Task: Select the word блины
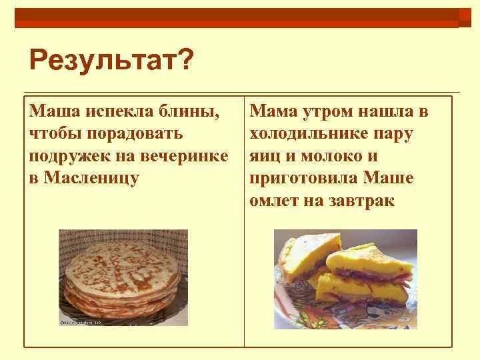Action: [x=193, y=111]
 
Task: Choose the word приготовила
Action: [x=310, y=179]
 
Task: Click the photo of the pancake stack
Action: [x=123, y=277]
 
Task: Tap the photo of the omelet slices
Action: [x=345, y=279]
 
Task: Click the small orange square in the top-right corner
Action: [x=465, y=17]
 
